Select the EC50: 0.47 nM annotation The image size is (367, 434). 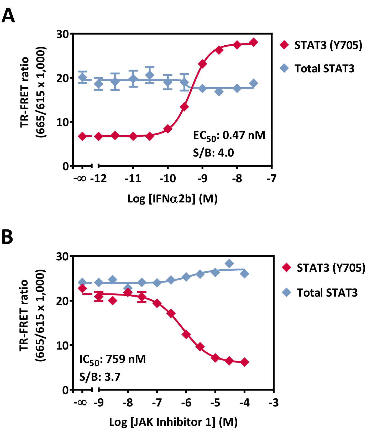coord(229,136)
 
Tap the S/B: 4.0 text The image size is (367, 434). coord(213,153)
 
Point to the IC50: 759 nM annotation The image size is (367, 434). coord(112,360)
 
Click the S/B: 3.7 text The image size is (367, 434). coord(100,377)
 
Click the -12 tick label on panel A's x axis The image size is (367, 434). coord(98,179)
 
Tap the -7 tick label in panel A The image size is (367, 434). coord(271,179)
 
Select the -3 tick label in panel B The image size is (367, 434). coord(274,402)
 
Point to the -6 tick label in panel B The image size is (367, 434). coord(186,402)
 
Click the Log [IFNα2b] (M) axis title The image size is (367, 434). coord(172,199)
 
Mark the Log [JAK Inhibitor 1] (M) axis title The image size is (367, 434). coord(173,422)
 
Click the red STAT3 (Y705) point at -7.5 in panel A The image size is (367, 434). coord(254,42)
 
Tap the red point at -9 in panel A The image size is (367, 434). coord(202,64)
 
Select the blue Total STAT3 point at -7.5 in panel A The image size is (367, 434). coord(254,83)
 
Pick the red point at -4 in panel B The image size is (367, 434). coord(244,362)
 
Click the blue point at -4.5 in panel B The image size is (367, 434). coord(229,264)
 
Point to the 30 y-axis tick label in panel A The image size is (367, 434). coord(62,34)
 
